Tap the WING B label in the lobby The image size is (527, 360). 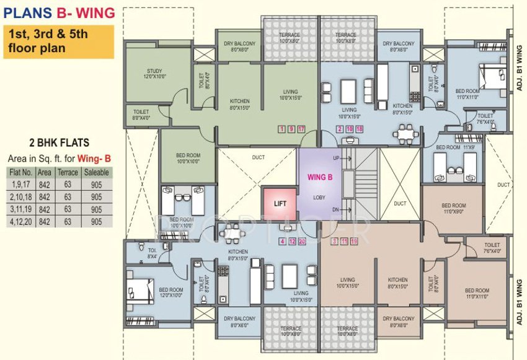(320, 177)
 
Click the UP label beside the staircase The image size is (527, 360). (335, 158)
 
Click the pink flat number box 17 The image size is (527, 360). (301, 129)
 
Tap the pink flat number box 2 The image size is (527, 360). (340, 129)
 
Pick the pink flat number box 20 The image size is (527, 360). (301, 241)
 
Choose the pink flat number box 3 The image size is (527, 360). (335, 241)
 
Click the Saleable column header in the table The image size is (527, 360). (96, 172)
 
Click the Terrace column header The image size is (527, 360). (67, 172)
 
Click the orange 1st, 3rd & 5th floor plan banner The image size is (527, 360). (59, 41)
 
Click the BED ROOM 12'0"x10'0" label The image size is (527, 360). (171, 292)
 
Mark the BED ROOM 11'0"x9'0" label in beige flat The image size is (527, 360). (453, 208)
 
